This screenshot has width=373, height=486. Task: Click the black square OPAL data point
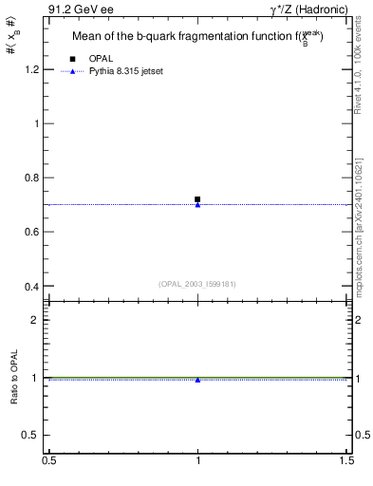[197, 199]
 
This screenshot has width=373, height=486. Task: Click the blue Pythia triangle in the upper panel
[197, 205]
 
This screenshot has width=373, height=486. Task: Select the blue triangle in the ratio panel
[197, 380]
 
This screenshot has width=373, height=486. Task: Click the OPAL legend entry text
[101, 59]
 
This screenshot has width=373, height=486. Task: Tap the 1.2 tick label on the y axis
[31, 69]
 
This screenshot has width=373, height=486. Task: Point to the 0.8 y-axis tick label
[31, 178]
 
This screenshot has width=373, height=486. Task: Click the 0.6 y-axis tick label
[31, 232]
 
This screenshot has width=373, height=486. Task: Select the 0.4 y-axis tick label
[31, 287]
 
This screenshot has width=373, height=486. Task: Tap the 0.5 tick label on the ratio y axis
[31, 435]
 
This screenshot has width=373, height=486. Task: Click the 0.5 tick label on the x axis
[48, 460]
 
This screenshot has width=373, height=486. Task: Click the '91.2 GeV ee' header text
[75, 9]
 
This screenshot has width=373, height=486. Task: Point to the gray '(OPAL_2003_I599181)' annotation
[197, 283]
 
